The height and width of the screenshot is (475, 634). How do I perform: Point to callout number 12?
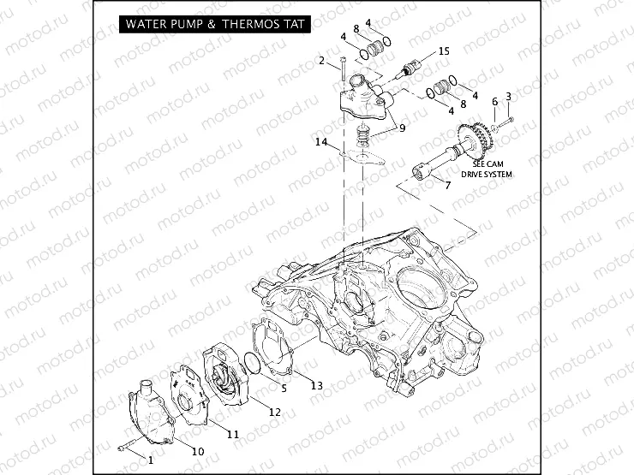coord(275,412)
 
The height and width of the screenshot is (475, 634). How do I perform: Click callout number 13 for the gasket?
coord(317,386)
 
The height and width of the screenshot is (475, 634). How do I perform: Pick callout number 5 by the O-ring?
coord(285,387)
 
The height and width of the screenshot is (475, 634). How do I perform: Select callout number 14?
coord(320,142)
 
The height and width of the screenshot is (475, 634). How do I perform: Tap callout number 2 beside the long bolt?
coord(323,61)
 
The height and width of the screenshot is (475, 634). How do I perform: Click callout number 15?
coord(443,52)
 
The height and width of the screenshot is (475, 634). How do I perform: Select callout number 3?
coord(509,96)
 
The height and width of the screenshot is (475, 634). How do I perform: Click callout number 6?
coord(494,102)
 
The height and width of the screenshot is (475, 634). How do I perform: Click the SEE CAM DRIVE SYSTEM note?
coord(486,169)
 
